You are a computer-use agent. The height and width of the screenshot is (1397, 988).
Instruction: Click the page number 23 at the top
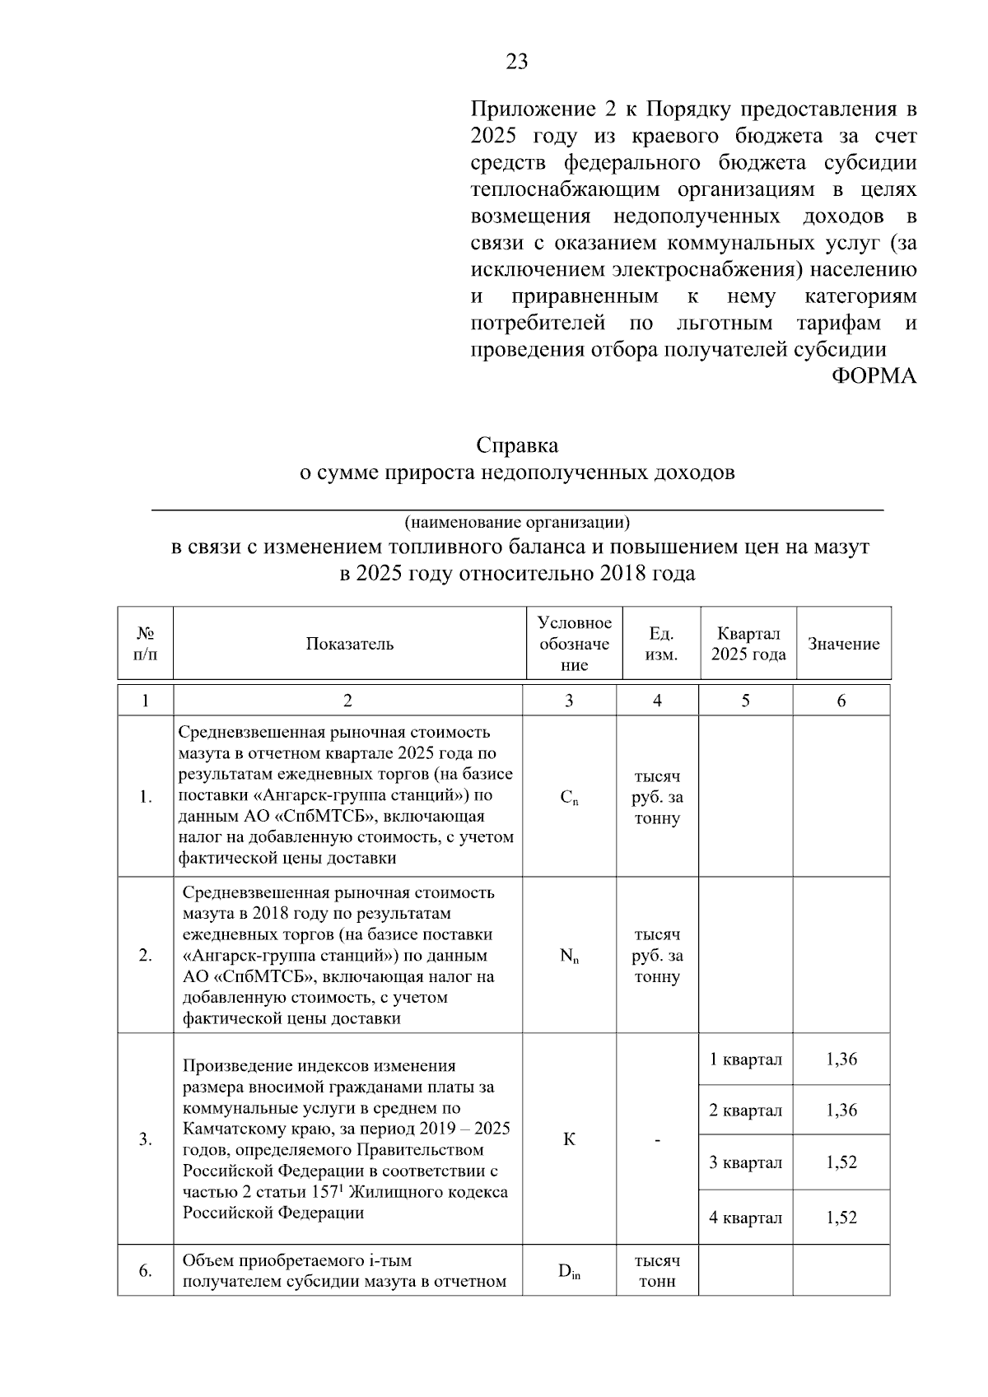pyautogui.click(x=516, y=62)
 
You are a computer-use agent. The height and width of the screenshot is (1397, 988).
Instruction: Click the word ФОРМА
pyautogui.click(x=874, y=376)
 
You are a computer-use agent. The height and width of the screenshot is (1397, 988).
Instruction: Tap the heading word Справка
pyautogui.click(x=517, y=445)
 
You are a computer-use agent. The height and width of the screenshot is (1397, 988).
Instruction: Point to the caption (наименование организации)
pyautogui.click(x=517, y=522)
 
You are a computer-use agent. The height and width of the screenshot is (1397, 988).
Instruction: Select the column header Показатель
pyautogui.click(x=350, y=644)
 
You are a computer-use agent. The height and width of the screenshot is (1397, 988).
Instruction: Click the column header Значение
pyautogui.click(x=843, y=644)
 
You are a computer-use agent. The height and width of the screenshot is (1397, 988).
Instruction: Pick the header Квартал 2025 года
pyautogui.click(x=748, y=644)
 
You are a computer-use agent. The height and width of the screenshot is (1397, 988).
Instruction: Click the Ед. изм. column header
pyautogui.click(x=661, y=644)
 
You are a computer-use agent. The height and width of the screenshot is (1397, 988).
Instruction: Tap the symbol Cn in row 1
pyautogui.click(x=569, y=797)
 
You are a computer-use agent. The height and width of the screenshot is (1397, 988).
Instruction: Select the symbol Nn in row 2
pyautogui.click(x=569, y=956)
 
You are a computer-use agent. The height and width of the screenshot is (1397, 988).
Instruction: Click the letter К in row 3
pyautogui.click(x=569, y=1140)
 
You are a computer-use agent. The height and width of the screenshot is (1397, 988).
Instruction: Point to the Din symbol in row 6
pyautogui.click(x=569, y=1271)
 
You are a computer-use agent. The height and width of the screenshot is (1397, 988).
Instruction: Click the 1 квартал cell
pyautogui.click(x=745, y=1059)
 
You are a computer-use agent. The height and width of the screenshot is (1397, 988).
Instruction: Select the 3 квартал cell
pyautogui.click(x=745, y=1162)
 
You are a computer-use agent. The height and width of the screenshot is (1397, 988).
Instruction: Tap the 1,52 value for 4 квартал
pyautogui.click(x=841, y=1218)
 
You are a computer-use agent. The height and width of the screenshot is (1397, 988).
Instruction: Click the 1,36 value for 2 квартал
pyautogui.click(x=841, y=1111)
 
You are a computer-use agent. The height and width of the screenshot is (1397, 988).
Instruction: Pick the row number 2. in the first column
pyautogui.click(x=146, y=956)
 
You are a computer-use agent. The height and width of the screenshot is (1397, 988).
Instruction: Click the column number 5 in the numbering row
pyautogui.click(x=745, y=701)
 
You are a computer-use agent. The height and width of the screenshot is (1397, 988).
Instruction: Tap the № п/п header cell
pyautogui.click(x=146, y=644)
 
